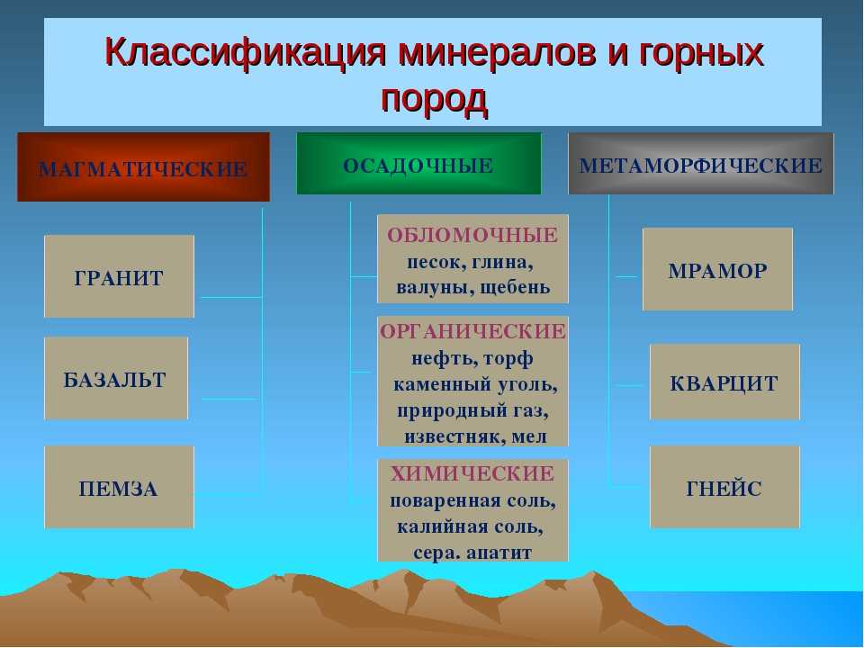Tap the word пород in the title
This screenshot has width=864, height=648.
coord(434,100)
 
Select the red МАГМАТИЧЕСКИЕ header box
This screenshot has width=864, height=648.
coord(143,167)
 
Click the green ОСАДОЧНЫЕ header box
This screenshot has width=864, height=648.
coord(418,163)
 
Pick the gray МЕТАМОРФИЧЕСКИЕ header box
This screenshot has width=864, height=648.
coord(701,164)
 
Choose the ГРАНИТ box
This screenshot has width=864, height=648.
coord(119,276)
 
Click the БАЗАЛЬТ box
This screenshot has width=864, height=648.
coord(116,379)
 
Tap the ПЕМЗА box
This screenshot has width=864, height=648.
coord(119,487)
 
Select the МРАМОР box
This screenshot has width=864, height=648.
coord(717,269)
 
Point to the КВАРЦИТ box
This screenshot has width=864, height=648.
coord(724,382)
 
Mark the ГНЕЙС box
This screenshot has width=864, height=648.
coord(724,487)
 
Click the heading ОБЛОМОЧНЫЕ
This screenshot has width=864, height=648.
coord(472,235)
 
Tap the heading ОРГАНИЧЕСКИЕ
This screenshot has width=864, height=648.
coord(472,332)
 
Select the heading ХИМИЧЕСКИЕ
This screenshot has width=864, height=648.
coord(472,474)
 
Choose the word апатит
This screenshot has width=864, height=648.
coord(499,553)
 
